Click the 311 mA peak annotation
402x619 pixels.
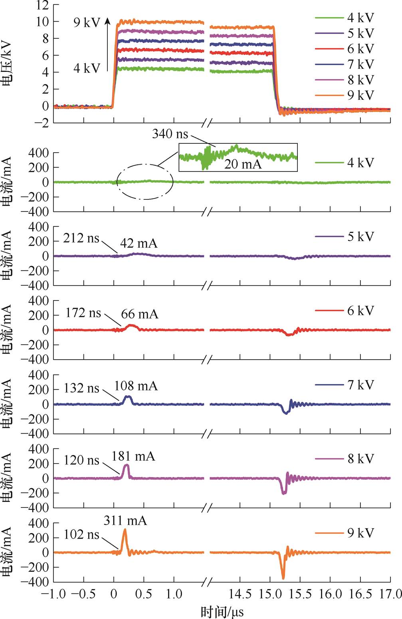click(x=125, y=521)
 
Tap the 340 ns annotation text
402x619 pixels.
click(x=170, y=133)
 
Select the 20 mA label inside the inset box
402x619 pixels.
click(x=242, y=164)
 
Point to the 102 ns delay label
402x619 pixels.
click(x=81, y=534)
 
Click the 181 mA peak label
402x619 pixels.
click(x=133, y=456)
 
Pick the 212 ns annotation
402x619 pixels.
click(x=81, y=238)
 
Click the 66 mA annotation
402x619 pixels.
click(x=139, y=314)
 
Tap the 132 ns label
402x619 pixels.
click(x=81, y=388)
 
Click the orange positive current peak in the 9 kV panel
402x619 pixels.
click(x=125, y=531)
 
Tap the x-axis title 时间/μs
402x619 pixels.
click(x=222, y=611)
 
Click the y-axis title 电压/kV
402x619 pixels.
click(x=7, y=65)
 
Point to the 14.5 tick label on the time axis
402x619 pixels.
click(x=240, y=595)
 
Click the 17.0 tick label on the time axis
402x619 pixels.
click(x=390, y=595)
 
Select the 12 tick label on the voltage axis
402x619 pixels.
click(x=42, y=5)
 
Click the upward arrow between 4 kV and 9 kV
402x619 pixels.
click(x=107, y=44)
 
